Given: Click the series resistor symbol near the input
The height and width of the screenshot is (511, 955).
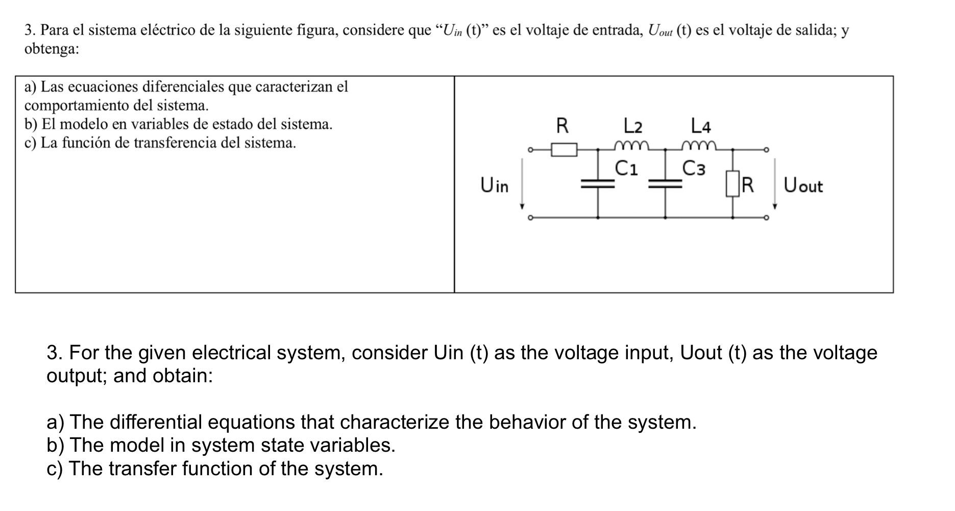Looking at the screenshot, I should [564, 150].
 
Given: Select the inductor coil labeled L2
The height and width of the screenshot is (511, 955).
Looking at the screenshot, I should [632, 146].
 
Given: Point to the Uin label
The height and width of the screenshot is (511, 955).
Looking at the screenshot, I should [494, 185].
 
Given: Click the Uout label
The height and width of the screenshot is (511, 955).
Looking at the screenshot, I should [803, 185].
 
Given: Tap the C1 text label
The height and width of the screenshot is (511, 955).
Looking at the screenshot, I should [626, 168].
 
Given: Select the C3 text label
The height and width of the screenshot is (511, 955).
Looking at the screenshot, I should [694, 168].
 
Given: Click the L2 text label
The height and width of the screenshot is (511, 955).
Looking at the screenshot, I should [633, 125].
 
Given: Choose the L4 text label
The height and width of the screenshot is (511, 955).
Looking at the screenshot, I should [700, 125].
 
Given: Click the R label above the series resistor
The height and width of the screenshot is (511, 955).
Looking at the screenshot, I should [562, 125].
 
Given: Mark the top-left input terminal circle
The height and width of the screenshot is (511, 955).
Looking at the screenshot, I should [530, 150].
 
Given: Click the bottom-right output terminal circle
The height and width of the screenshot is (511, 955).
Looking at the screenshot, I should [766, 218].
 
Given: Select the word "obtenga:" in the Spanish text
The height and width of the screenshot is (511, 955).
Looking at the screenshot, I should [52, 50].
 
